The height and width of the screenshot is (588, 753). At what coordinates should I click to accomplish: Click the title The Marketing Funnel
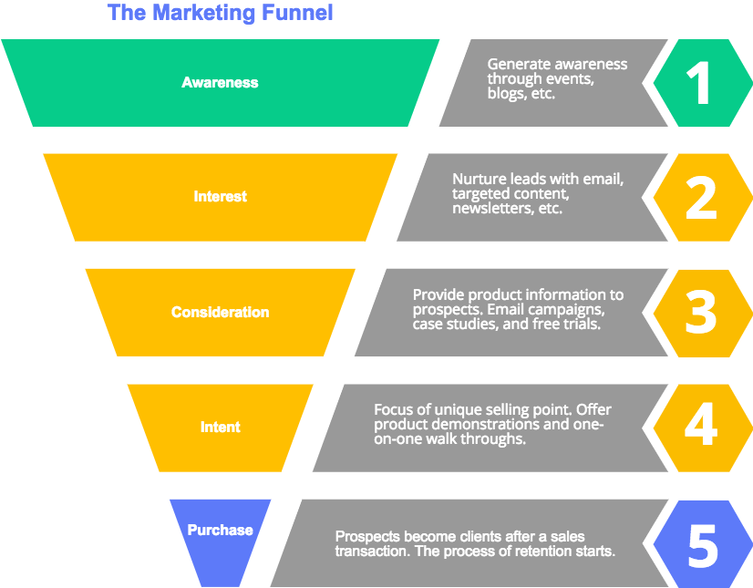(220, 13)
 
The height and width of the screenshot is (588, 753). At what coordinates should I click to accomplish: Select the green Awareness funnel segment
(220, 83)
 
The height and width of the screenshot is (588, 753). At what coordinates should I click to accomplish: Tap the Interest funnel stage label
(220, 197)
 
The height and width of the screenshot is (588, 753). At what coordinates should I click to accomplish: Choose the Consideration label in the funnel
(220, 313)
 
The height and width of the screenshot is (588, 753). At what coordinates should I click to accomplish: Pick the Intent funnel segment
(220, 428)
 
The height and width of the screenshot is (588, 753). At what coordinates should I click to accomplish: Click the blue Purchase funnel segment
(220, 538)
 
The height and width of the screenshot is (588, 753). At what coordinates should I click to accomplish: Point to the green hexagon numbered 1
(703, 83)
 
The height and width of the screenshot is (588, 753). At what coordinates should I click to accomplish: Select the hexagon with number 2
(703, 198)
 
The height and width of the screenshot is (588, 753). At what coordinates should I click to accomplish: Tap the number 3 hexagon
(703, 314)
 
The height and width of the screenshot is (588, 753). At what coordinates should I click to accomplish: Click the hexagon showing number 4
(703, 428)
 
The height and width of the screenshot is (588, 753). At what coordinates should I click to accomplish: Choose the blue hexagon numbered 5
(703, 544)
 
